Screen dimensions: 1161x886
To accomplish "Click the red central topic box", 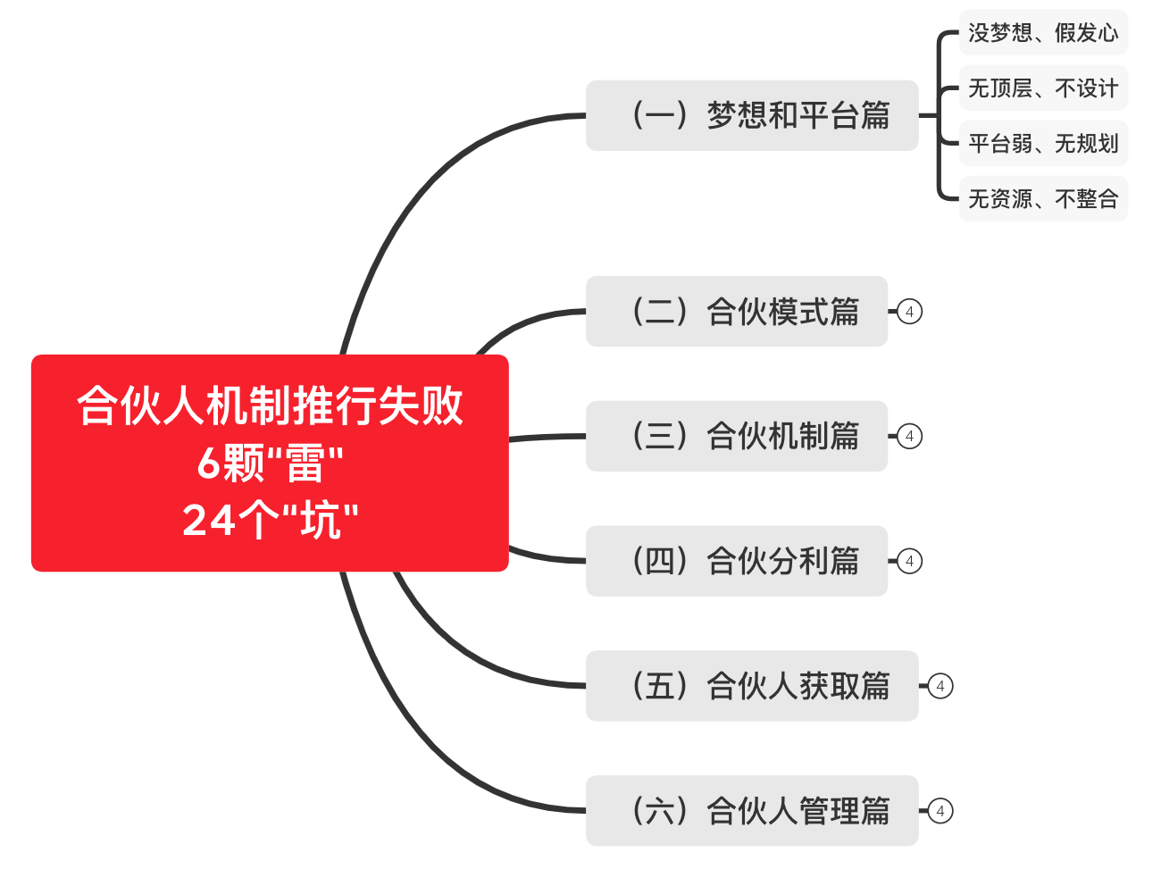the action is [270, 463].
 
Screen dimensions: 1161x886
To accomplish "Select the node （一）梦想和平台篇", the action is [752, 115].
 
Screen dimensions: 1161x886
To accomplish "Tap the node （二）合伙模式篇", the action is [737, 311].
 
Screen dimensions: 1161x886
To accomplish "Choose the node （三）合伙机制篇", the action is [737, 436].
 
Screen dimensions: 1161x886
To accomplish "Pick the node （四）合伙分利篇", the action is [737, 561].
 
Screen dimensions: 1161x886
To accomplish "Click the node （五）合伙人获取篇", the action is [752, 686].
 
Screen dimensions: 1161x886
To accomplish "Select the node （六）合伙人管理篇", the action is [752, 810].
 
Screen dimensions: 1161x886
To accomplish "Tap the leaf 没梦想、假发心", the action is [1044, 32].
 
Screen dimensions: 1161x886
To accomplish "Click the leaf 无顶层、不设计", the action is [1044, 88].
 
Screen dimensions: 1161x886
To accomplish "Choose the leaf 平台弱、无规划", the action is [1044, 143].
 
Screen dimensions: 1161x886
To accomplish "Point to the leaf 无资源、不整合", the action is [1044, 198].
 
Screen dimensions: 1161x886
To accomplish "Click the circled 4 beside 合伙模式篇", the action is [910, 312].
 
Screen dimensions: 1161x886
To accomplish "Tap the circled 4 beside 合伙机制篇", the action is [910, 437].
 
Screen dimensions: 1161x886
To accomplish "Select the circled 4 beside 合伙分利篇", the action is [910, 561].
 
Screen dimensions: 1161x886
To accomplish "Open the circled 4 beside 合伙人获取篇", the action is [940, 686].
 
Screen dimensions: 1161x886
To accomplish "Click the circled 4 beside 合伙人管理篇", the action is [940, 811].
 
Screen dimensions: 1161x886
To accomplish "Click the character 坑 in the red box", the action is [321, 521].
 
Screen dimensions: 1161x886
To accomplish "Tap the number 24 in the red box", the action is [208, 521].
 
